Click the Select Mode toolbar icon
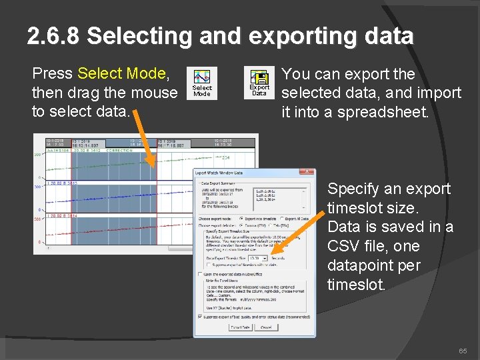[201, 83]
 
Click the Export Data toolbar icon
[259, 83]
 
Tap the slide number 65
[463, 351]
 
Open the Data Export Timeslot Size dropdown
[265, 258]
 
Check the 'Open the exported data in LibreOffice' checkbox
[200, 274]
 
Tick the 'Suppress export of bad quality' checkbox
[200, 316]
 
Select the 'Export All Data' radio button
[281, 218]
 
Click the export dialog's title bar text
[221, 173]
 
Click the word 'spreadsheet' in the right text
[383, 112]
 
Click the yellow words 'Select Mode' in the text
[121, 73]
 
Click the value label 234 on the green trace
[226, 157]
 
